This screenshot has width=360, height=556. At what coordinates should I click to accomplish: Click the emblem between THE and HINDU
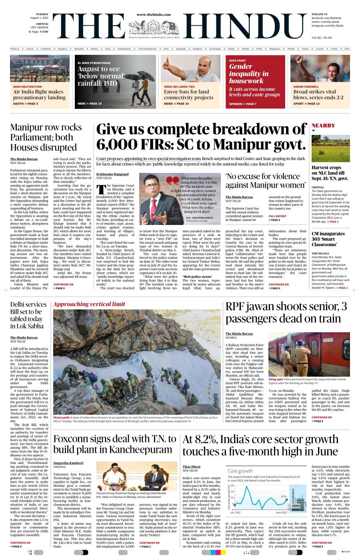pyautogui.click(x=154, y=27)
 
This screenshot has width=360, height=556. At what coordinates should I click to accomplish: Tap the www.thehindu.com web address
pyautogui.click(x=154, y=14)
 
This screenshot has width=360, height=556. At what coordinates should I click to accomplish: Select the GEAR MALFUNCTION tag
pyautogui.click(x=27, y=86)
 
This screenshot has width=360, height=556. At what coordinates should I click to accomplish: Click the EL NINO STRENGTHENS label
pyautogui.click(x=94, y=63)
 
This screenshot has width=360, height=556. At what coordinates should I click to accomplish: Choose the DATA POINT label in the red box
pyautogui.click(x=237, y=60)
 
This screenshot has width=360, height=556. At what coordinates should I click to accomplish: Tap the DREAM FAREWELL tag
pyautogui.click(x=306, y=86)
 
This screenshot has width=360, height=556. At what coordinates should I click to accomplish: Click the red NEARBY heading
pyautogui.click(x=323, y=125)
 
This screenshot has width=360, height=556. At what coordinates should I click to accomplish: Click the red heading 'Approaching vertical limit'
pyautogui.click(x=89, y=304)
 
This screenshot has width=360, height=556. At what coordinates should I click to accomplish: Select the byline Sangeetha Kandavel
pyautogui.click(x=68, y=463)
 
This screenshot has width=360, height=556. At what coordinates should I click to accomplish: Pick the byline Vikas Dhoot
pyautogui.click(x=191, y=466)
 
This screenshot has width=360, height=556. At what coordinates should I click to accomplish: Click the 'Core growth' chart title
pyautogui.click(x=240, y=471)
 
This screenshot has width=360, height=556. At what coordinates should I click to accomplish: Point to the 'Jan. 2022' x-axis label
pyautogui.click(x=235, y=512)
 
